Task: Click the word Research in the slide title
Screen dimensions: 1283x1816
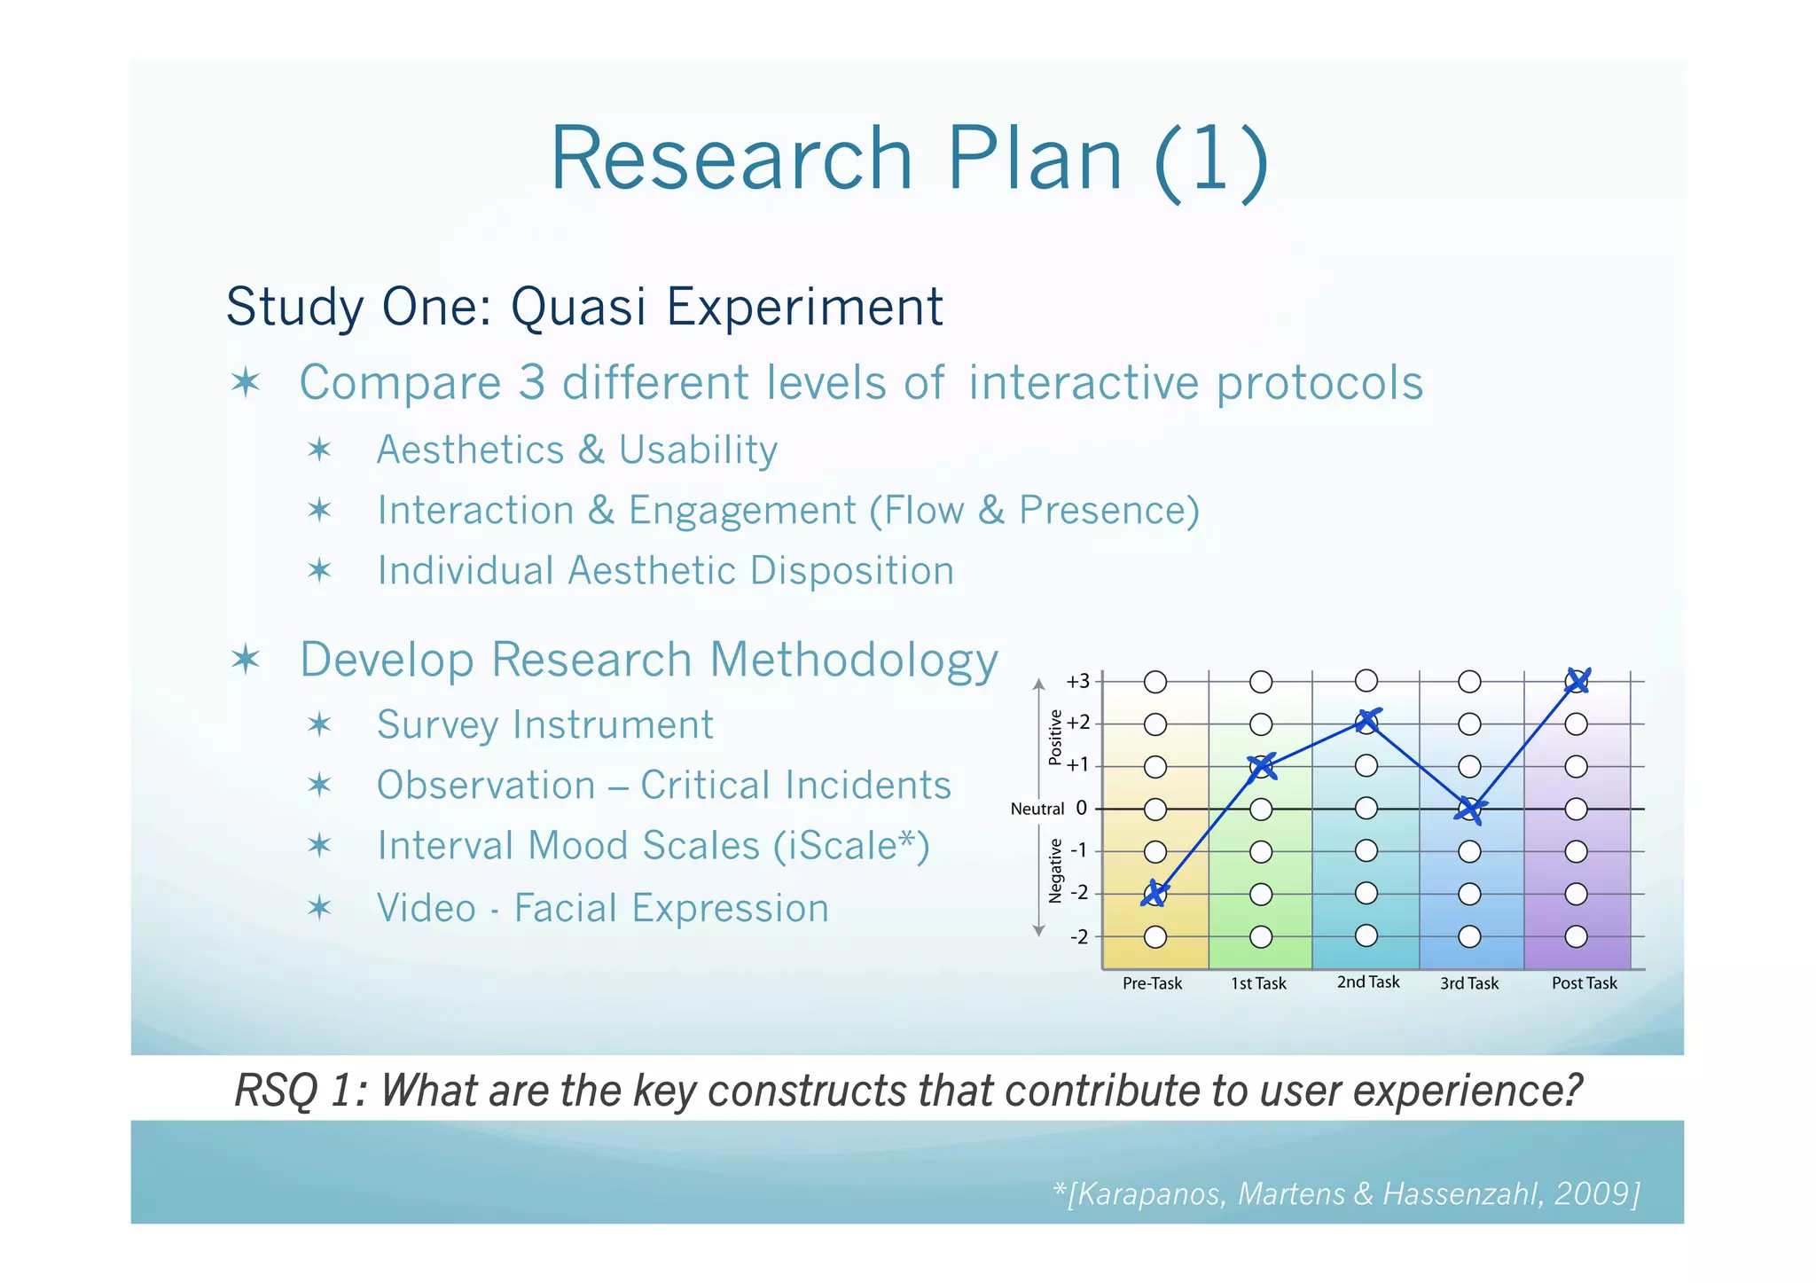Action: coord(732,159)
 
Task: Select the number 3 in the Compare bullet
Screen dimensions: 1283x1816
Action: coord(531,383)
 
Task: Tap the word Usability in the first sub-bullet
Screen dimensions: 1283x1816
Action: coord(698,450)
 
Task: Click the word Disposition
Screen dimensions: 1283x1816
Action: coord(851,571)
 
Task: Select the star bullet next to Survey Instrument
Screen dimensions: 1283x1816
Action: coord(319,725)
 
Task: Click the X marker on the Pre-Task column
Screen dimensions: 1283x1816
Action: coord(1155,894)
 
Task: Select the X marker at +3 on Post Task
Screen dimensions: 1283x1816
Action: coord(1577,681)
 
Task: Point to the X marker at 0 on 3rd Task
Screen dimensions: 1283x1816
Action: coord(1469,809)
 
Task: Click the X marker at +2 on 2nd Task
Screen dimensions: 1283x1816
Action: coord(1367,722)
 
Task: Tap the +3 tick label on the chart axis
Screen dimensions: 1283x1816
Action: coord(1077,682)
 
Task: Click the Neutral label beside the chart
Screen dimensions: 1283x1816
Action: coord(1037,809)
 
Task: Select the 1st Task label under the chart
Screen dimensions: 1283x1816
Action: coord(1258,983)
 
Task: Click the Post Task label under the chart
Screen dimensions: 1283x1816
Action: coord(1584,983)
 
